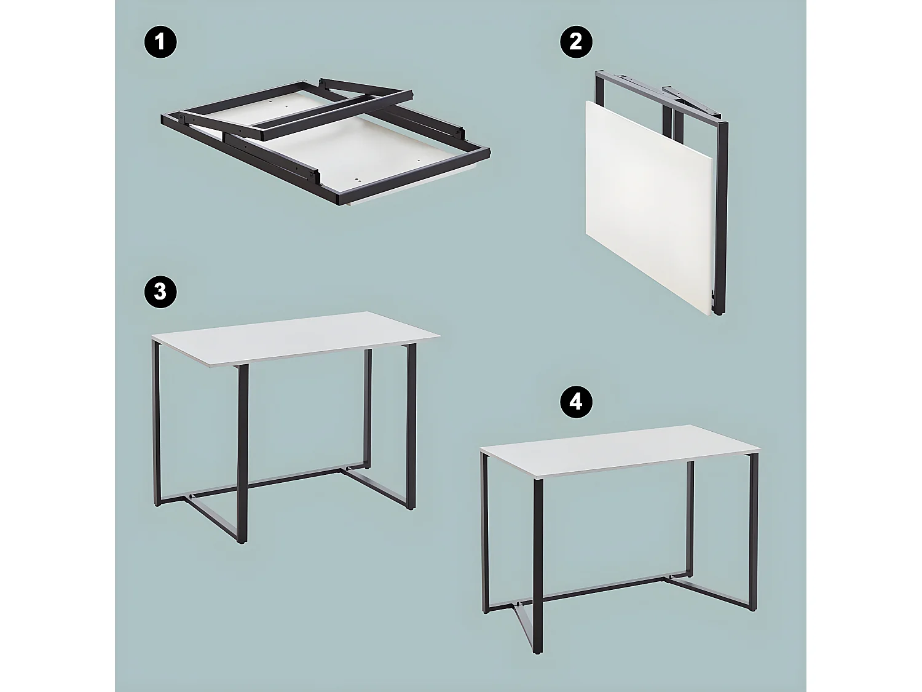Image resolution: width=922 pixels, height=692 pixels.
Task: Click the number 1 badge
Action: click(x=160, y=42)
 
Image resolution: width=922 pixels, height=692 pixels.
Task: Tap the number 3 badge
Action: click(x=160, y=291)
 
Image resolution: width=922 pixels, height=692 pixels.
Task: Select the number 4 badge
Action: click(x=575, y=402)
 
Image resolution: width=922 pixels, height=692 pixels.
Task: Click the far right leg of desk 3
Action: click(x=411, y=431)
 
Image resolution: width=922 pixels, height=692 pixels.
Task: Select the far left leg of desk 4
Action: click(x=485, y=535)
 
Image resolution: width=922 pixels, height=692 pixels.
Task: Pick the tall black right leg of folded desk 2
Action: click(x=722, y=215)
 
